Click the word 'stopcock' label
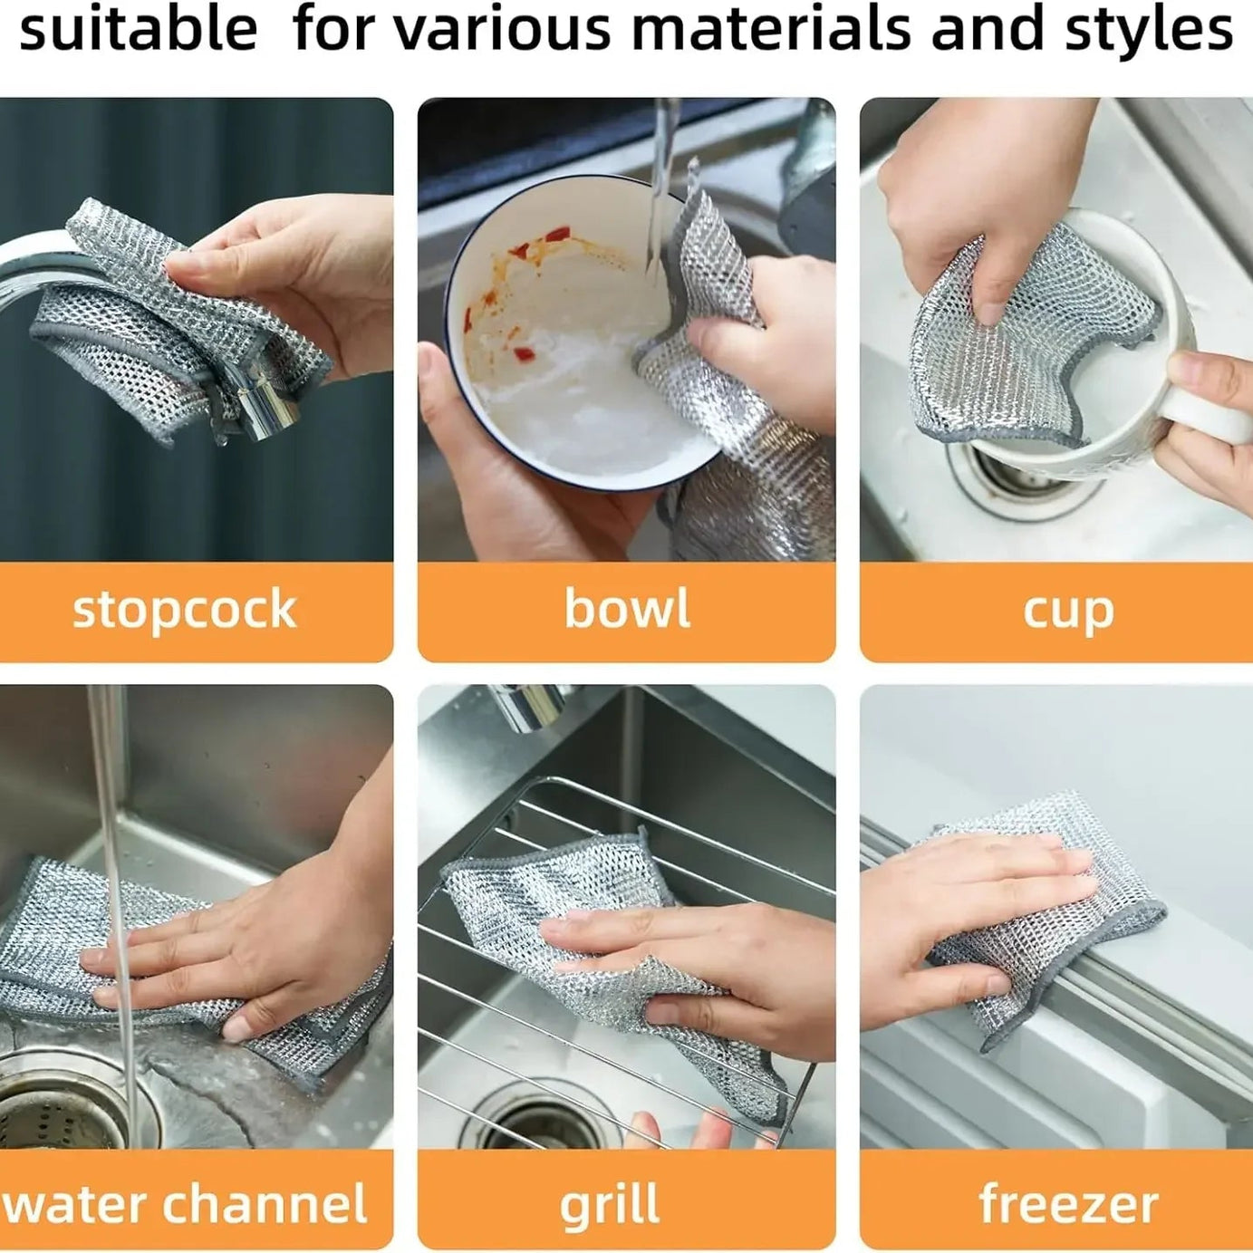click(x=185, y=610)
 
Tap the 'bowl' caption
click(x=627, y=608)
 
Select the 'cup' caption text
click(x=1068, y=612)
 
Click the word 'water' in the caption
click(x=74, y=1204)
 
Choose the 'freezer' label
click(x=1068, y=1204)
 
